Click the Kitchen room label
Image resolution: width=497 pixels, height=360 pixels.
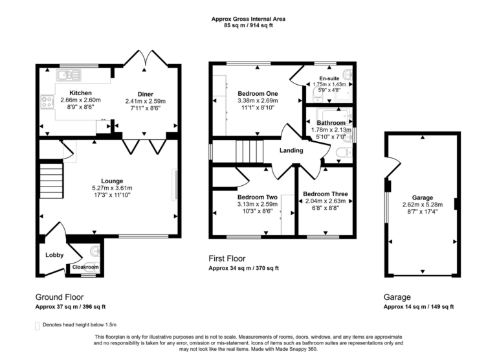(80, 93)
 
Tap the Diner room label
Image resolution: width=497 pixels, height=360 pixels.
(145, 93)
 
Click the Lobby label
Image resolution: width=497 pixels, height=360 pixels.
(54, 255)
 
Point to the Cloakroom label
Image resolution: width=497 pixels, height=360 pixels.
(85, 267)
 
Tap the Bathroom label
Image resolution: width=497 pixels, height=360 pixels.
(331, 122)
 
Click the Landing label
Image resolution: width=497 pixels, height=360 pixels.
(292, 151)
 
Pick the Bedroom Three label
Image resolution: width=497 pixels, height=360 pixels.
(326, 194)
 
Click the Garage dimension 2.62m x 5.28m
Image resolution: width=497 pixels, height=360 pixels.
(423, 205)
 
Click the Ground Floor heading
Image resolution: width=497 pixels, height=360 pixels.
(60, 297)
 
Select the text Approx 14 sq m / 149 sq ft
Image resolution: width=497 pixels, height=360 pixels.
(419, 307)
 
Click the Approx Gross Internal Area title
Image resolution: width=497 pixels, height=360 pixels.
(248, 19)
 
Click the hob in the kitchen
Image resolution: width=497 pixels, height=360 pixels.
(47, 101)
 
